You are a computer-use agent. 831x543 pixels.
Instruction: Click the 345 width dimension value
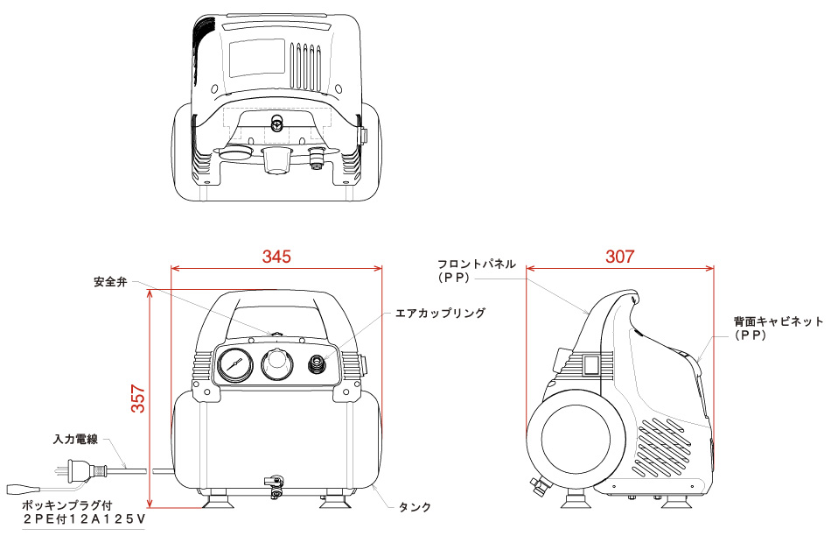tap(276, 257)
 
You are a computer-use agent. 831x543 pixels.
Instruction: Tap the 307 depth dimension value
tap(619, 257)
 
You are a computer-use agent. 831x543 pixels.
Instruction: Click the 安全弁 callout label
tap(111, 282)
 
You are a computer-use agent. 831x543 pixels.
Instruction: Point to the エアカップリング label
tap(440, 313)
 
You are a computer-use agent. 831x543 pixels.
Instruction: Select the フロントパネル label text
tap(477, 264)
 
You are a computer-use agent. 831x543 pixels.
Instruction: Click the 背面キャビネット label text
tap(778, 321)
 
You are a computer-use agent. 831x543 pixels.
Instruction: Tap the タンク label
tap(415, 507)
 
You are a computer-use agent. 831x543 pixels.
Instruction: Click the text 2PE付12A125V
tap(83, 519)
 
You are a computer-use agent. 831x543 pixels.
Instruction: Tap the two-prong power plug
tap(74, 472)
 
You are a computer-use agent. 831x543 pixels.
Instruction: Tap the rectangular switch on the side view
tap(592, 363)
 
